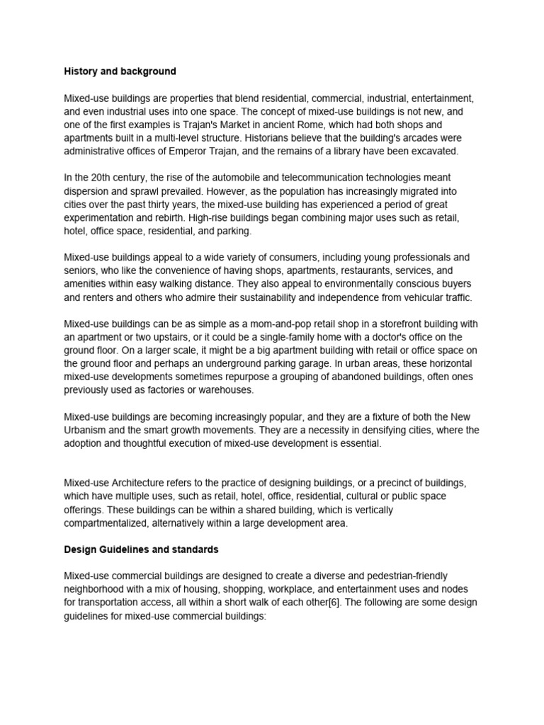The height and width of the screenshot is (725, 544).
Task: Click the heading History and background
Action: pos(120,72)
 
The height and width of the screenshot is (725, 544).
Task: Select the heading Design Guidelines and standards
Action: pos(141,549)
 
